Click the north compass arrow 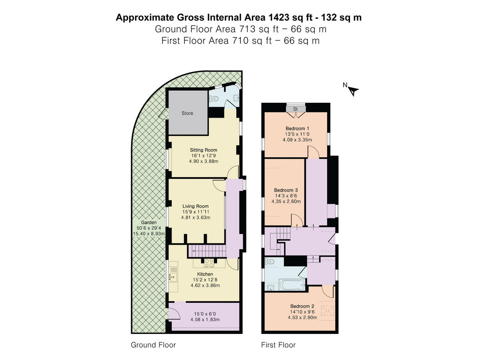coord(353,91)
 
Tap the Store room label coord(187,113)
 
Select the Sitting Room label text coord(204,150)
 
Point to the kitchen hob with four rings coord(208,263)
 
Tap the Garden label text coord(148,222)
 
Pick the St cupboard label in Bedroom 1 coord(295,109)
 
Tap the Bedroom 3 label coord(286,190)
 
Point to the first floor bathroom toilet coord(270,262)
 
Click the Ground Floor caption coord(153,345)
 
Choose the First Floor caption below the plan coord(278,345)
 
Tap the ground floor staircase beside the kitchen coord(206,251)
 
